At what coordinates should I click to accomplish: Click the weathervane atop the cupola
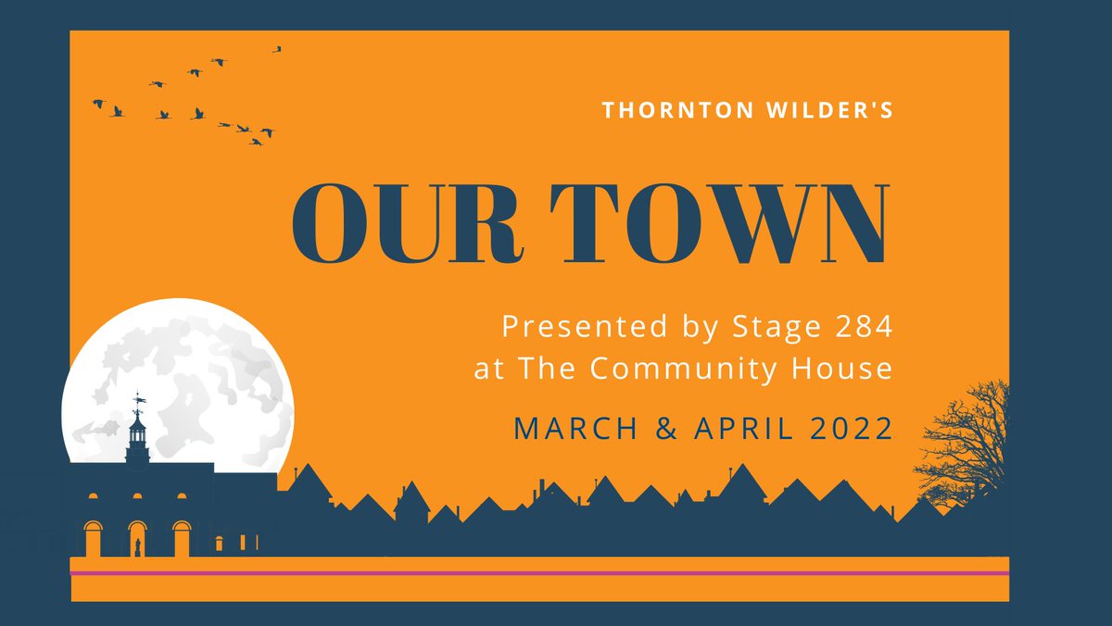tap(138, 400)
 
